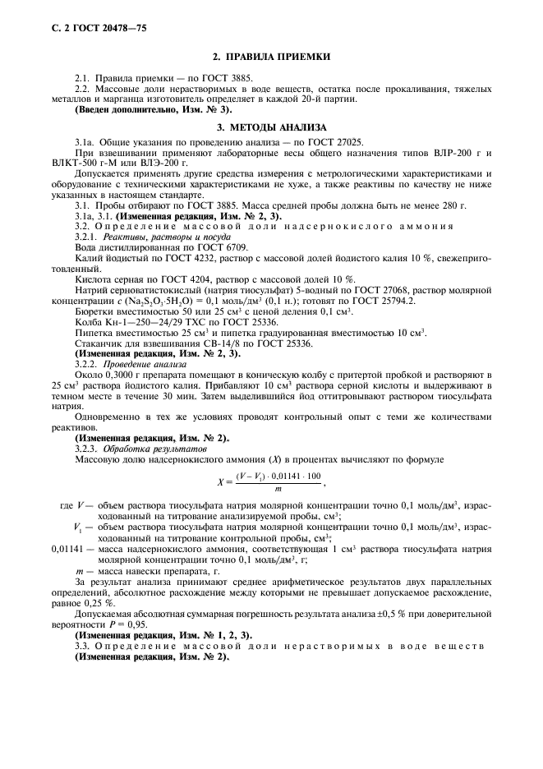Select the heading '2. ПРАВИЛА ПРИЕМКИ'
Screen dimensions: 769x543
pos(271,57)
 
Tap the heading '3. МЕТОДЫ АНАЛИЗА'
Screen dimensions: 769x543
pos(271,127)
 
